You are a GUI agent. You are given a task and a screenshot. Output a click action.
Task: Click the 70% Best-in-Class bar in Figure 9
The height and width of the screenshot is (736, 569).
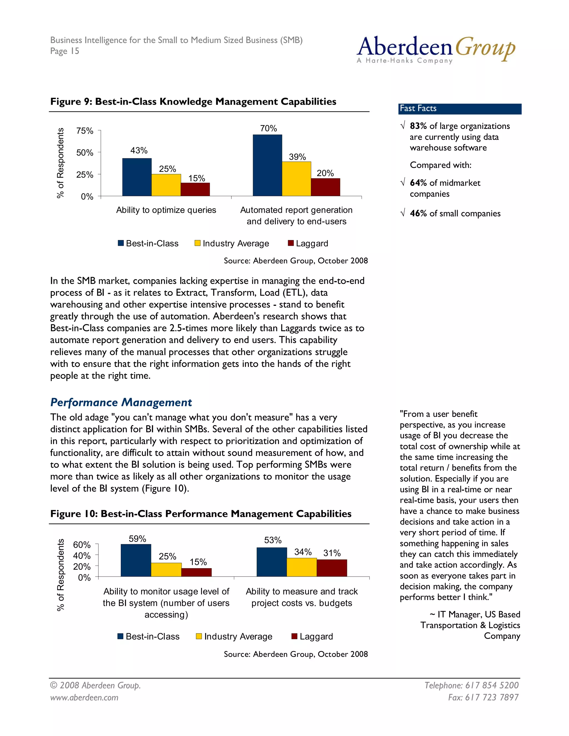(x=267, y=165)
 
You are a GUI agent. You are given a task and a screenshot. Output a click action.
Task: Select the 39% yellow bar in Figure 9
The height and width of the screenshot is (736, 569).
(x=296, y=179)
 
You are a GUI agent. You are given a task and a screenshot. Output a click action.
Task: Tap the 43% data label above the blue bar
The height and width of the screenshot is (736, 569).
(x=139, y=151)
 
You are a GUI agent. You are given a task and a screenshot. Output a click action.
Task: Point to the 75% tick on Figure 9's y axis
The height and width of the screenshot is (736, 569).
(x=85, y=131)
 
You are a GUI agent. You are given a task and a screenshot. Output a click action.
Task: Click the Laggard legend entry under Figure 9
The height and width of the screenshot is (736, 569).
(x=308, y=243)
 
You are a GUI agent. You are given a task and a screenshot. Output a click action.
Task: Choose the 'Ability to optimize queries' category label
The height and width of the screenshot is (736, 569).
(x=166, y=210)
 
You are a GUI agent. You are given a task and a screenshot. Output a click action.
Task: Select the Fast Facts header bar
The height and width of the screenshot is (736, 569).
(x=460, y=109)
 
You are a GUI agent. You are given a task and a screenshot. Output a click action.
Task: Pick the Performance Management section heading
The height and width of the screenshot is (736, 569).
(x=121, y=402)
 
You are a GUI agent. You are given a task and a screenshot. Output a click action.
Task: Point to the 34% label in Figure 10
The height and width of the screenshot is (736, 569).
(x=303, y=552)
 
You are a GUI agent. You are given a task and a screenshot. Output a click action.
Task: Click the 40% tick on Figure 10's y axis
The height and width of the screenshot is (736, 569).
(x=82, y=556)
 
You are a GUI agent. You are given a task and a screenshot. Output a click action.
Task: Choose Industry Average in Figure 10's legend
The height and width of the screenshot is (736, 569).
(x=234, y=636)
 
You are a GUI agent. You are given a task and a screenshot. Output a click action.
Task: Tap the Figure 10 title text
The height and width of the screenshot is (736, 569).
(x=201, y=514)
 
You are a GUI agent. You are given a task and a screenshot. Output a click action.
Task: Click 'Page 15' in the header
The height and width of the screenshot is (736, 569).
(x=65, y=51)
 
